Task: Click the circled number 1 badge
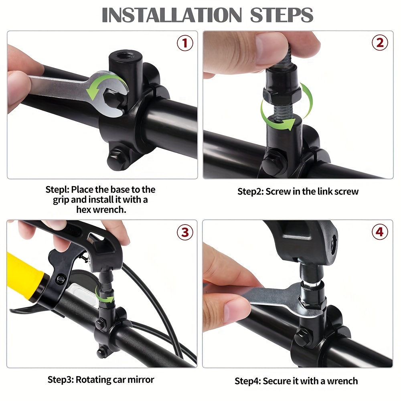[185, 43]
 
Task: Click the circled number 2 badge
[380, 43]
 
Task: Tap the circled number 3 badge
[185, 232]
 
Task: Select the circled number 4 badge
[380, 232]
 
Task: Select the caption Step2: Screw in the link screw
[298, 191]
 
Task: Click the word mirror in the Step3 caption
[138, 379]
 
